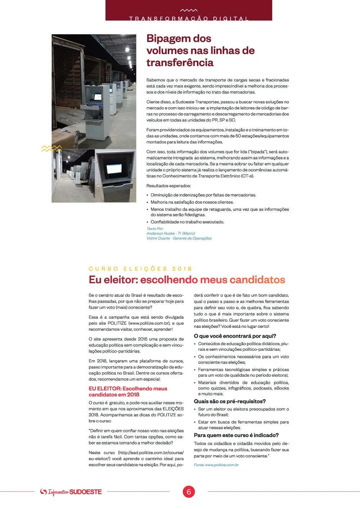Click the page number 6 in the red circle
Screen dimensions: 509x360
pyautogui.click(x=189, y=492)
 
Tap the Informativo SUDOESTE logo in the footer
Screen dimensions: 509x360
pyautogui.click(x=71, y=492)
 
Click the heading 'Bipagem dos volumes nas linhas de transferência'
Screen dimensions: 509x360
pyautogui.click(x=200, y=50)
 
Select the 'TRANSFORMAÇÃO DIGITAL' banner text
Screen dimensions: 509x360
pyautogui.click(x=189, y=18)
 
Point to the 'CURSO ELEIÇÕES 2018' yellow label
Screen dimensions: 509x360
pyautogui.click(x=140, y=269)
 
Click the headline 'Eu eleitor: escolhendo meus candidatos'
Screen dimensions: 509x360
pyautogui.click(x=187, y=280)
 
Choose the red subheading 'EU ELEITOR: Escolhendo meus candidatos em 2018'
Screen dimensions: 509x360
pyautogui.click(x=128, y=391)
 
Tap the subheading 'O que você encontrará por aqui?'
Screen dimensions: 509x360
pyautogui.click(x=235, y=336)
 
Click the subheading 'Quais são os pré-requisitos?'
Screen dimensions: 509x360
pyautogui.click(x=230, y=401)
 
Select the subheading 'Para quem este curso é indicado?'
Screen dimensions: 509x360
pyautogui.click(x=236, y=435)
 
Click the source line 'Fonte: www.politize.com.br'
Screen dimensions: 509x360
pyautogui.click(x=216, y=465)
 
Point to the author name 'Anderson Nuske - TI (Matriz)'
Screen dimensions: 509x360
pyautogui.click(x=171, y=233)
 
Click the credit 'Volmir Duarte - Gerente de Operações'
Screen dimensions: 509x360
pyautogui.click(x=179, y=238)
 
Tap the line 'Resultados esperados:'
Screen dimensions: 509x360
pyautogui.click(x=168, y=186)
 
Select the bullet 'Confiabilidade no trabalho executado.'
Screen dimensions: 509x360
pyautogui.click(x=187, y=222)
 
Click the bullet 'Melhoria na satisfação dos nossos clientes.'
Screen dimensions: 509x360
pyautogui.click(x=192, y=202)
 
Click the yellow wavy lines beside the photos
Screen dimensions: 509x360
pyautogui.click(x=51, y=148)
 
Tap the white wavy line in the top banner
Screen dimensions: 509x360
pyautogui.click(x=189, y=10)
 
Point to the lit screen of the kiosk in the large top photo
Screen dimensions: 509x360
pyautogui.click(x=98, y=96)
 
